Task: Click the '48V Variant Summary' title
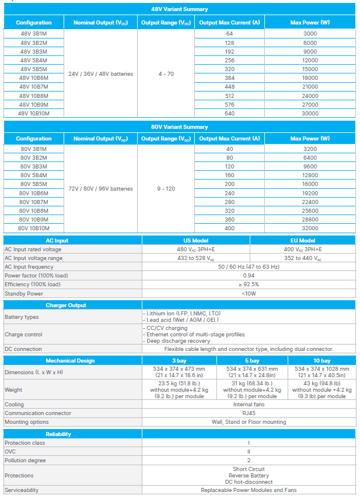pyautogui.click(x=180, y=9)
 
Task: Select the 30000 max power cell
pyautogui.click(x=310, y=114)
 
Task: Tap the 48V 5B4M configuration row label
pyautogui.click(x=34, y=61)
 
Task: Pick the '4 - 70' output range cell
pyautogui.click(x=166, y=74)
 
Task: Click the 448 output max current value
pyautogui.click(x=229, y=87)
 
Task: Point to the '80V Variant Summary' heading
pyautogui.click(x=180, y=127)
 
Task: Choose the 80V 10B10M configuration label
pyautogui.click(x=34, y=229)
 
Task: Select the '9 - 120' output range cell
pyautogui.click(x=166, y=189)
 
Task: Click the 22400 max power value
pyautogui.click(x=310, y=202)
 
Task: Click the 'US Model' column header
pyautogui.click(x=196, y=240)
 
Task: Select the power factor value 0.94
pyautogui.click(x=249, y=275)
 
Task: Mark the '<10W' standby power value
pyautogui.click(x=249, y=293)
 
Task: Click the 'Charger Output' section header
pyautogui.click(x=66, y=305)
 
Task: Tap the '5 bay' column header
pyautogui.click(x=252, y=361)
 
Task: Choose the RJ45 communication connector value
pyautogui.click(x=249, y=413)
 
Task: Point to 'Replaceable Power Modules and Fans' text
pyautogui.click(x=249, y=490)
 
